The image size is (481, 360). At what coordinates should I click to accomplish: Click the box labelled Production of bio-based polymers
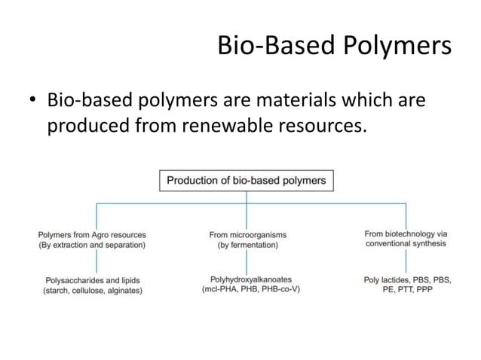[246, 181]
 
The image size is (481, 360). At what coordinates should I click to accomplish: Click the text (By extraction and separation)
[92, 245]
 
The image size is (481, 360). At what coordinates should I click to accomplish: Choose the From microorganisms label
[247, 234]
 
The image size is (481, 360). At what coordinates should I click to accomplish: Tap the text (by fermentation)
[247, 245]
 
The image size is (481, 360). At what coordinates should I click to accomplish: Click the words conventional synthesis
[406, 243]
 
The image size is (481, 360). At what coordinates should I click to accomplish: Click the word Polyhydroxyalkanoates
[250, 279]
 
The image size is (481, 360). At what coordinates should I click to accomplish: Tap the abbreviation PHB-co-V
[278, 289]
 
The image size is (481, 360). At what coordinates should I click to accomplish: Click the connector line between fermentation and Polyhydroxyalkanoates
[247, 261]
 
